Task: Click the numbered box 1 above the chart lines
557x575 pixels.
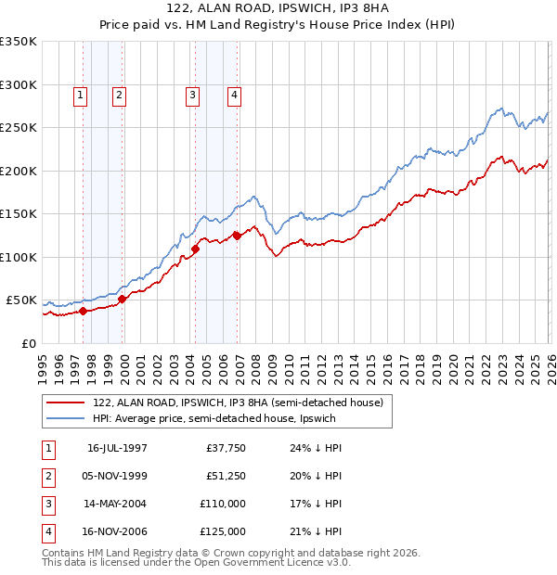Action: point(80,94)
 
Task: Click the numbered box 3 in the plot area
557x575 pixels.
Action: point(192,94)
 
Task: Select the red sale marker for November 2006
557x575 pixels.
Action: point(237,236)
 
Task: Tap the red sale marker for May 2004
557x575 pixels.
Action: point(196,249)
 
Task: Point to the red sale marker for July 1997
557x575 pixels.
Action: point(84,311)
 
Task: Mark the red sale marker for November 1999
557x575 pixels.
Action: point(122,299)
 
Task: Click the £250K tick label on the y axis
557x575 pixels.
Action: point(19,127)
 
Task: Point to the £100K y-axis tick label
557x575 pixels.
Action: point(19,257)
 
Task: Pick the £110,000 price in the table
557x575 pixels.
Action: point(224,504)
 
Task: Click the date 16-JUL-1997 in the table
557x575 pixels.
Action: point(117,448)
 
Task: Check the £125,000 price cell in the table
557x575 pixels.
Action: point(224,531)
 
